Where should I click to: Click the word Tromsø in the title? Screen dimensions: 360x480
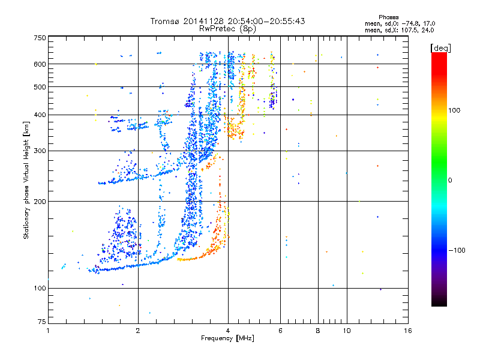[164, 21]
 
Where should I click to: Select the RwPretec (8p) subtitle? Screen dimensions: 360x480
[228, 28]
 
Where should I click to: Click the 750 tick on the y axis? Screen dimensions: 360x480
[40, 38]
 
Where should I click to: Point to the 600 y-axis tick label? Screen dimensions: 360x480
[40, 64]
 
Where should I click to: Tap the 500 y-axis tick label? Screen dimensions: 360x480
[40, 87]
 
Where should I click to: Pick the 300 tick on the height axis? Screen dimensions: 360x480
[40, 151]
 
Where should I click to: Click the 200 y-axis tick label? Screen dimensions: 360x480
[40, 202]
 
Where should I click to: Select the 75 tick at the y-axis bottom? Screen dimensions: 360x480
[41, 323]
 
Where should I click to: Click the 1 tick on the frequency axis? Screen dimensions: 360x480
[48, 331]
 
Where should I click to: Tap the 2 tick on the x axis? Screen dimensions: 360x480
[138, 331]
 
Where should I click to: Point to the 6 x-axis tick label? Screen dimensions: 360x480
[281, 331]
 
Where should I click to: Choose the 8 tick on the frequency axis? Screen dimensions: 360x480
[318, 331]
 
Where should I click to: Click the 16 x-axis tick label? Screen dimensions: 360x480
[407, 331]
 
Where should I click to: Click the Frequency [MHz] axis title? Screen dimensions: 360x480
[227, 339]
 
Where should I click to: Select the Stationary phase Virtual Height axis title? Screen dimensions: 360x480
[26, 180]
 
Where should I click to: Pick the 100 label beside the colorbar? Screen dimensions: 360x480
[455, 110]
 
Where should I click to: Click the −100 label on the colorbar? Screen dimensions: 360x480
[457, 250]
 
